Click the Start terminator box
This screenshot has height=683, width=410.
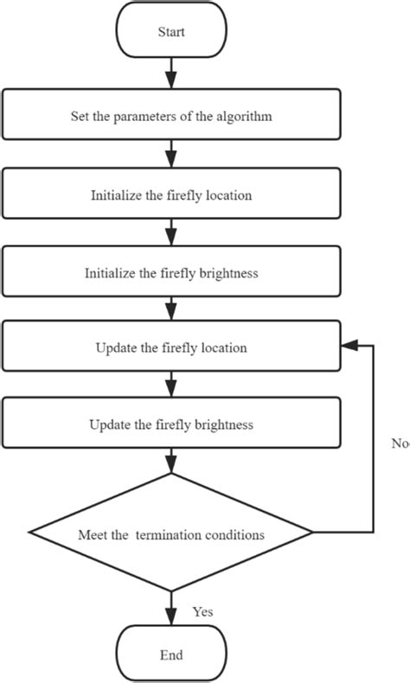[x=171, y=32]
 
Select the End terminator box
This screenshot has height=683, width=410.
[x=171, y=654]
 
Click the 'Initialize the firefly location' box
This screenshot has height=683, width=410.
[x=171, y=195]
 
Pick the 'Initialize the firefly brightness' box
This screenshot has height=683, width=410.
[x=171, y=271]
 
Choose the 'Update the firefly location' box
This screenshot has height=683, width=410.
[x=171, y=348]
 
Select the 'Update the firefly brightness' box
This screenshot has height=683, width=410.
[x=171, y=424]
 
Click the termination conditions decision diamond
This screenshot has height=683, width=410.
[x=171, y=534]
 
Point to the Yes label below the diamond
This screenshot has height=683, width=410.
[x=202, y=611]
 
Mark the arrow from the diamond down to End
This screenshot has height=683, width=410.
[x=171, y=610]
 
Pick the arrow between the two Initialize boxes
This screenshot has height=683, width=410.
[x=171, y=233]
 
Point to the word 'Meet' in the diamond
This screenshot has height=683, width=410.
[x=93, y=535]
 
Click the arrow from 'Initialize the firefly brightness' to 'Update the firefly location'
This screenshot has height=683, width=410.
[x=171, y=309]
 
